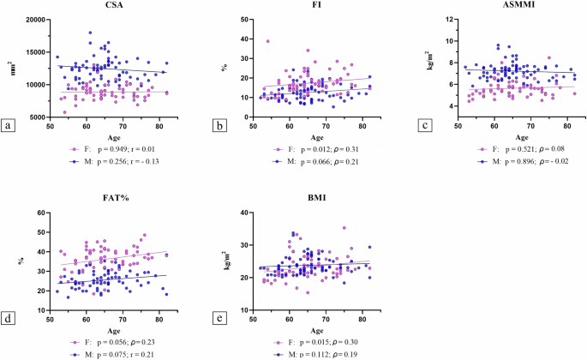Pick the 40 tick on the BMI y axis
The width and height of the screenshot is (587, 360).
coord(244,212)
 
